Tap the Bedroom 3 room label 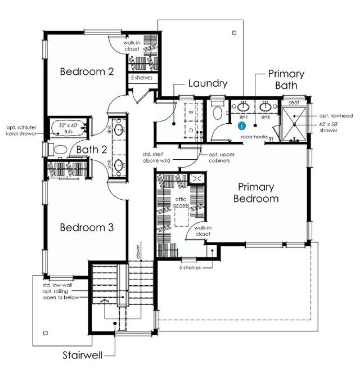click(x=87, y=227)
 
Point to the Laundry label click(x=208, y=83)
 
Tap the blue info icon click(x=242, y=125)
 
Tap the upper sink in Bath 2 click(x=119, y=130)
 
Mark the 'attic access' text click(x=181, y=203)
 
